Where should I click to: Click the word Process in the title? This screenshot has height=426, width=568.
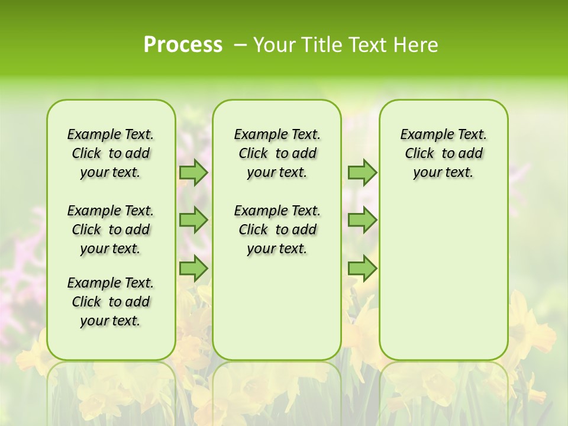[x=183, y=44]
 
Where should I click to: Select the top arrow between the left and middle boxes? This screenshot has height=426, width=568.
[x=193, y=172]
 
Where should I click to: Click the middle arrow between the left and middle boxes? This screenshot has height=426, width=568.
[x=193, y=220]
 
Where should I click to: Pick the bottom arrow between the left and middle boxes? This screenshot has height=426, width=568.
[x=193, y=269]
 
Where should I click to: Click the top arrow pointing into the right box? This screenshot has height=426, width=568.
[x=362, y=172]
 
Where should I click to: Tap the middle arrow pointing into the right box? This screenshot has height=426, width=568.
[x=362, y=220]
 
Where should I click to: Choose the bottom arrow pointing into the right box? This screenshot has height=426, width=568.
[x=362, y=269]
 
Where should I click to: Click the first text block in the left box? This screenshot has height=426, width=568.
[x=111, y=153]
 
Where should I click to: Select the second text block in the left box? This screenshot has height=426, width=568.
[x=111, y=230]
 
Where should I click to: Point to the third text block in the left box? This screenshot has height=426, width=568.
[x=111, y=302]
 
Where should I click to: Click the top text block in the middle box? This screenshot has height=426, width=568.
[x=277, y=153]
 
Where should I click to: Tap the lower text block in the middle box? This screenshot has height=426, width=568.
[x=277, y=230]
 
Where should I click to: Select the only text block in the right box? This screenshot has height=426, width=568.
[x=443, y=153]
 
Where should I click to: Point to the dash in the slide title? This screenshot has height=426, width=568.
[x=240, y=45]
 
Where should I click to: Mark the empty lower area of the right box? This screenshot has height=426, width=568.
[x=443, y=278]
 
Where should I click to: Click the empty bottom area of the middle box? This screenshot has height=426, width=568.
[x=277, y=314]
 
